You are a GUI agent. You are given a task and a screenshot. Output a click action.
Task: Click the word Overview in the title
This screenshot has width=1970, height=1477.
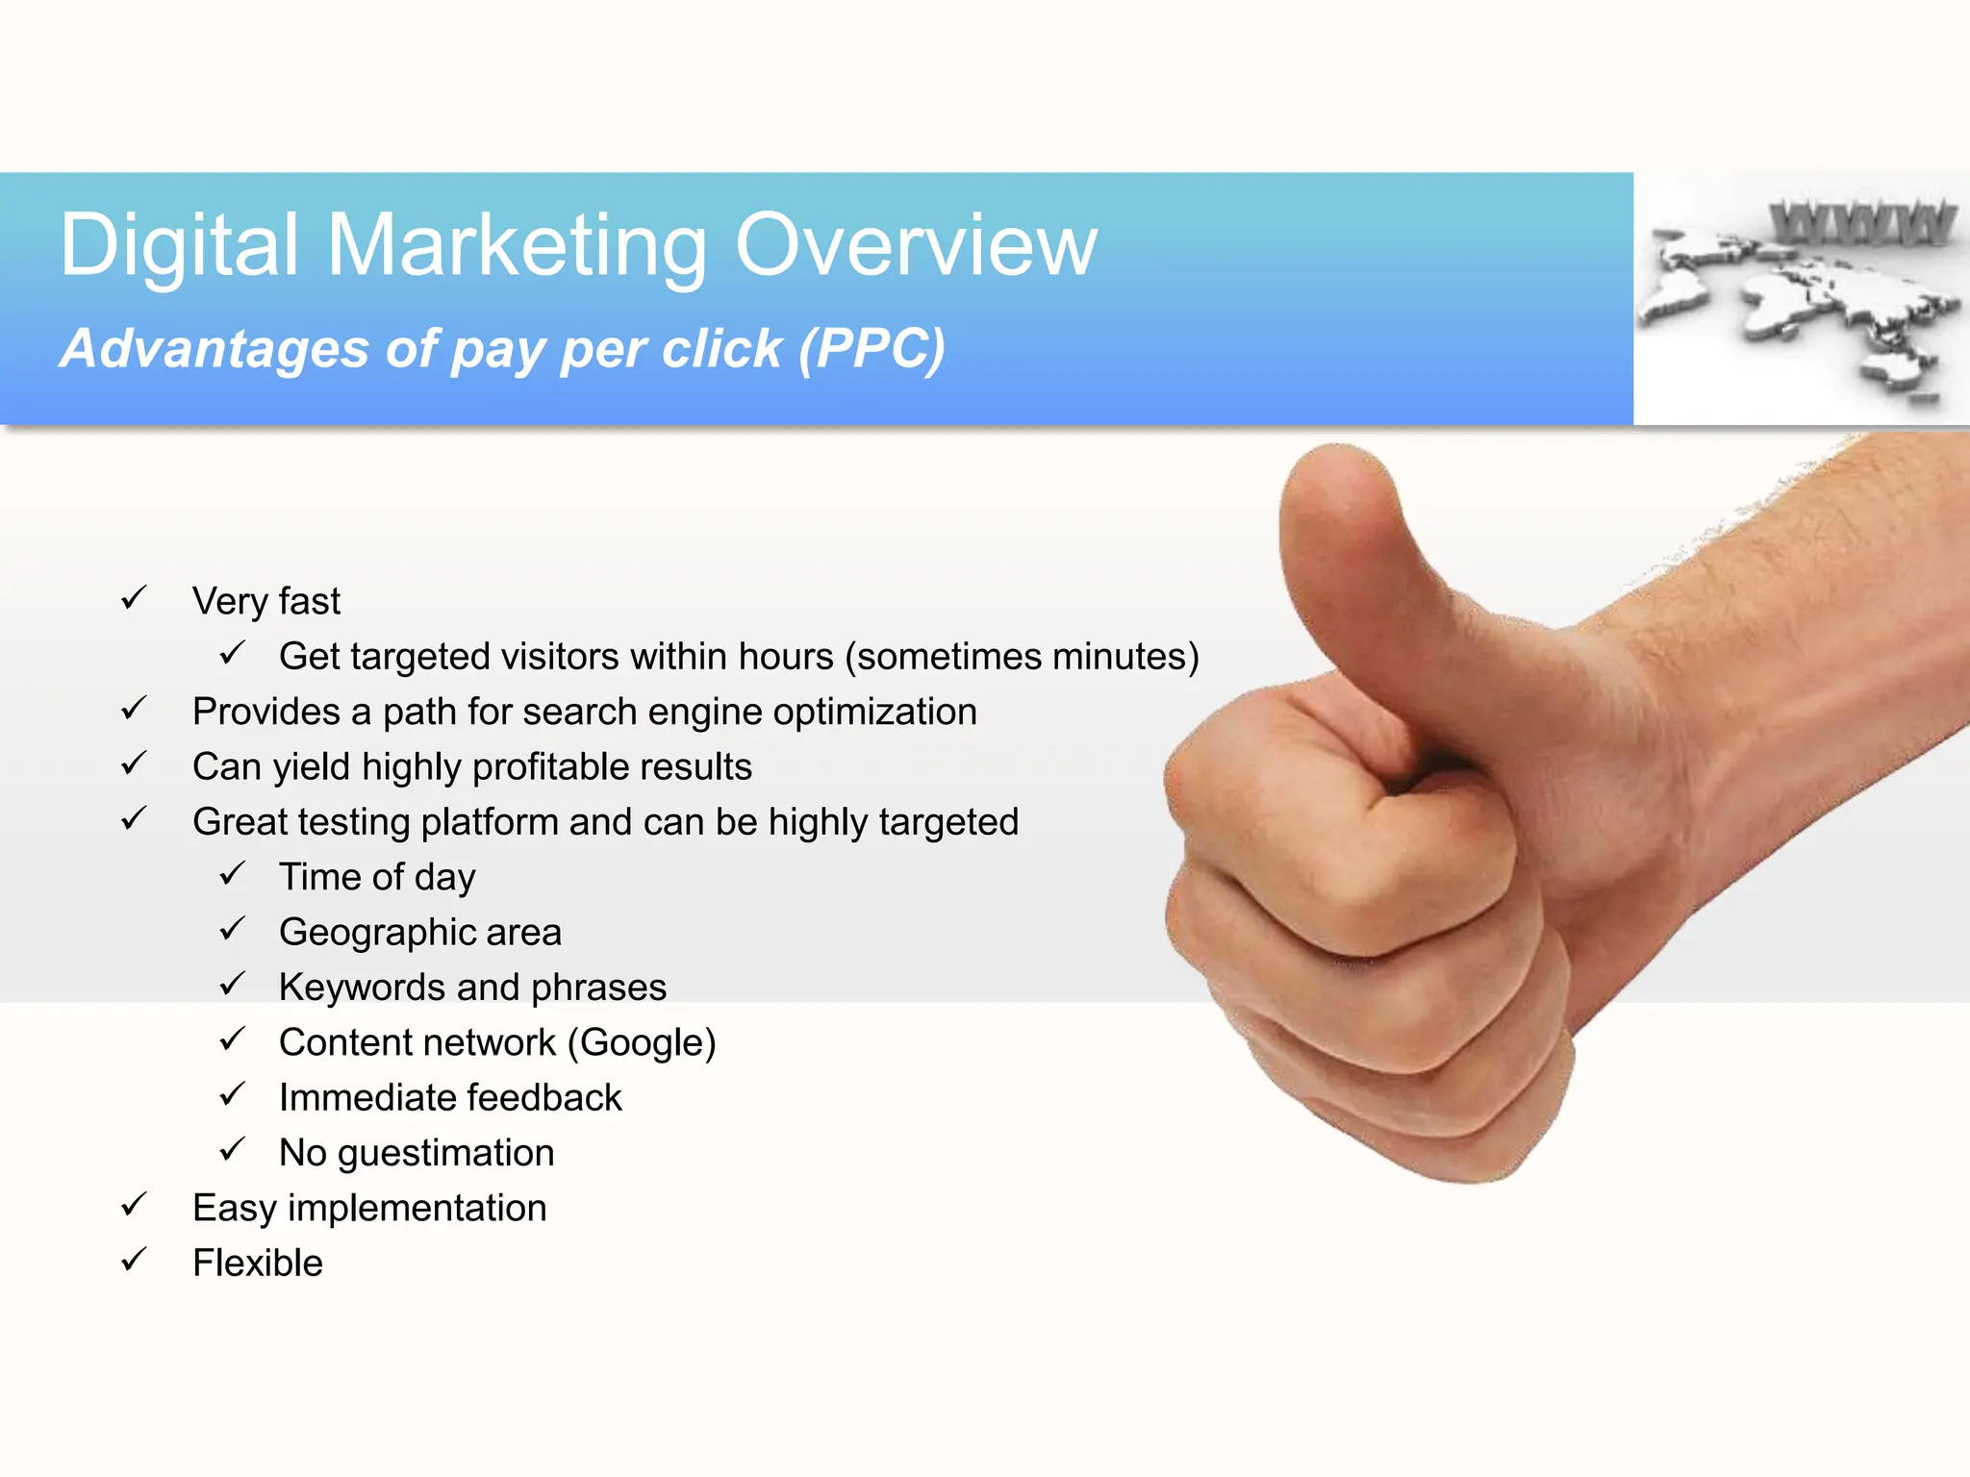pyautogui.click(x=915, y=245)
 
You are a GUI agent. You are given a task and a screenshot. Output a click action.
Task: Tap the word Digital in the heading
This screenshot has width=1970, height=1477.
pyautogui.click(x=179, y=247)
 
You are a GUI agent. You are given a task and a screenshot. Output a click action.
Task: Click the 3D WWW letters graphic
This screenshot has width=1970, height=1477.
pyautogui.click(x=1861, y=223)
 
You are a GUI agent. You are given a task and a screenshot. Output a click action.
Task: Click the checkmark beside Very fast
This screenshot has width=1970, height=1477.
pyautogui.click(x=134, y=599)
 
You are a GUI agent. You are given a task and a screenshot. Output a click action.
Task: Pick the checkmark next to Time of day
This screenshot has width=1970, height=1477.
pyautogui.click(x=232, y=875)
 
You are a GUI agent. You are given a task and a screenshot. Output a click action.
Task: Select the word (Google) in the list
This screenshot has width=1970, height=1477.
pyautogui.click(x=642, y=1043)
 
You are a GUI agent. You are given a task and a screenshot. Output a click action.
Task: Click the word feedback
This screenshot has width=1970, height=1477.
pyautogui.click(x=544, y=1098)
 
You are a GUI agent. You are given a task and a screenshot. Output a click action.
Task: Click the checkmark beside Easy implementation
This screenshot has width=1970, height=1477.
pyautogui.click(x=134, y=1206)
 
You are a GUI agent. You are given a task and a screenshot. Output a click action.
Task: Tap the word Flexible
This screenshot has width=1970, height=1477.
pyautogui.click(x=258, y=1264)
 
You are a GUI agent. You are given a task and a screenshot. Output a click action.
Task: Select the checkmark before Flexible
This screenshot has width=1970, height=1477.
pyautogui.click(x=134, y=1261)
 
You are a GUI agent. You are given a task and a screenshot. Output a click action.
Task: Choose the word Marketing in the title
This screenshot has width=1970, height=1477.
pyautogui.click(x=517, y=247)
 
